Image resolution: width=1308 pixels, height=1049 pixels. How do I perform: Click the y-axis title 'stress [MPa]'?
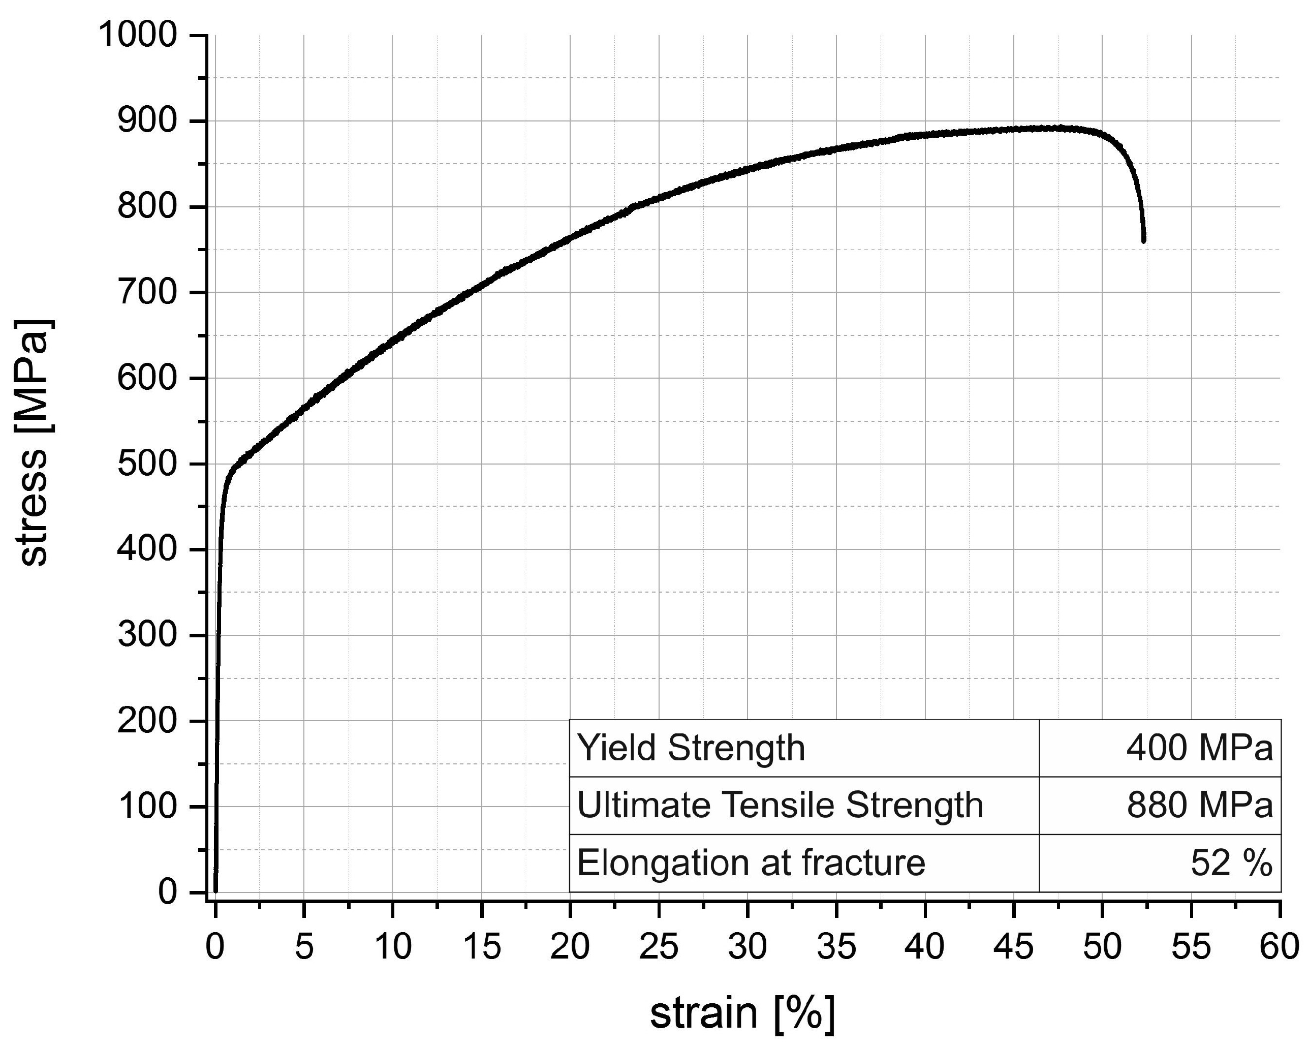click(34, 443)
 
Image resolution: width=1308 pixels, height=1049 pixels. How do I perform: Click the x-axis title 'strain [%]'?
click(742, 1012)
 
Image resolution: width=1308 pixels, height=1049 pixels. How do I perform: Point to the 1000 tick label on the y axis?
click(138, 35)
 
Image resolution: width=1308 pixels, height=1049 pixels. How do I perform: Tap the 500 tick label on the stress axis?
click(147, 464)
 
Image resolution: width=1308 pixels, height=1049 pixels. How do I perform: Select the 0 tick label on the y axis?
click(167, 892)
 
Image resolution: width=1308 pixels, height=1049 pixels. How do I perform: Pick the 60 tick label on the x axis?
click(1280, 946)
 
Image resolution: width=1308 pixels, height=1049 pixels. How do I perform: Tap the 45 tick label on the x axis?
click(1013, 946)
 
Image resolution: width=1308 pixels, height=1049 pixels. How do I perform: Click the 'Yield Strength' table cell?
click(691, 748)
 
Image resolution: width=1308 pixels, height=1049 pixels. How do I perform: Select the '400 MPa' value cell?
click(1199, 748)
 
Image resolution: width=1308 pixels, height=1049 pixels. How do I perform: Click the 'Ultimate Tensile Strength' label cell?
click(780, 805)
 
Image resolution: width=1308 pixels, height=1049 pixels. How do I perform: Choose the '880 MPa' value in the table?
click(1199, 805)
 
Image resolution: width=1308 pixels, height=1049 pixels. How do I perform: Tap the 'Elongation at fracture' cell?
click(751, 862)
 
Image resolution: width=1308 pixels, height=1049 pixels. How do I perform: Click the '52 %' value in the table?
click(1231, 862)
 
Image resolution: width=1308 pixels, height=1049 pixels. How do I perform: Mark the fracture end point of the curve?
click(1143, 240)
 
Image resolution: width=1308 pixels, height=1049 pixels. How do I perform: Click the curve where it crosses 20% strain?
click(570, 238)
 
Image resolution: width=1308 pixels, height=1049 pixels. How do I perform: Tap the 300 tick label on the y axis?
click(147, 635)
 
